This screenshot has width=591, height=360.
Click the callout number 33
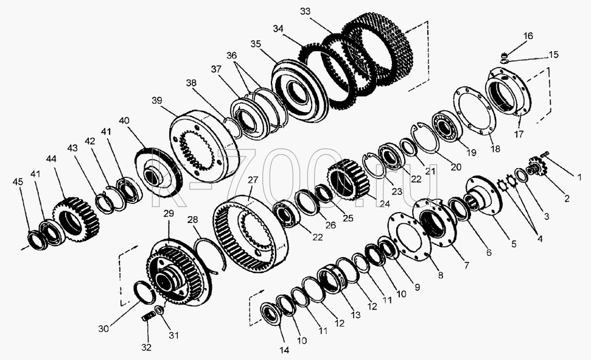point(305,12)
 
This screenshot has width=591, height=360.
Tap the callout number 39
point(157,101)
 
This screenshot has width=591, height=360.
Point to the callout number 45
point(18,182)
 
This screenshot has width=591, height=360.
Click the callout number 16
point(528,36)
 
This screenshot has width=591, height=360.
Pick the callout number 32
point(146,347)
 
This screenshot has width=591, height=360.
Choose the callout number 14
point(284,350)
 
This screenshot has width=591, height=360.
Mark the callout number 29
point(169,214)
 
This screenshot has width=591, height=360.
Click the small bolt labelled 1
point(545,154)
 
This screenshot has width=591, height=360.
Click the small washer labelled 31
point(159,310)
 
